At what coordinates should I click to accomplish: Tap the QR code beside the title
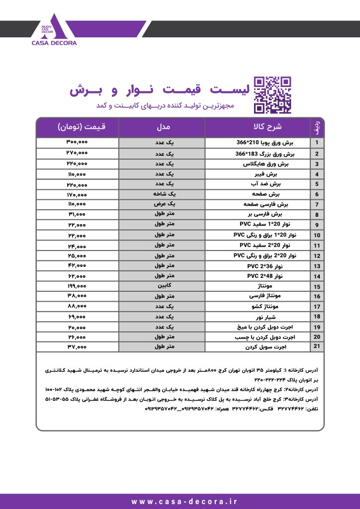click(x=272, y=94)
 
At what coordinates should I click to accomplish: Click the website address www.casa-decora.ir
click(x=180, y=502)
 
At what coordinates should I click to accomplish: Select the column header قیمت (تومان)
click(x=77, y=127)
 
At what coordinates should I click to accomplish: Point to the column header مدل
click(x=162, y=127)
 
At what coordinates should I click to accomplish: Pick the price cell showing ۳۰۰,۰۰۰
click(x=77, y=142)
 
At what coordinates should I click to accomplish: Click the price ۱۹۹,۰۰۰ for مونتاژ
click(x=77, y=286)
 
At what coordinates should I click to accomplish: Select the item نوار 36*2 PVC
click(x=258, y=266)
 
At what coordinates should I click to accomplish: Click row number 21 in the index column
click(x=316, y=347)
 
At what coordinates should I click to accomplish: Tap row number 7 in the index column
click(x=316, y=204)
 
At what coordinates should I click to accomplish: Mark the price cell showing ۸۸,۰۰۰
click(x=77, y=306)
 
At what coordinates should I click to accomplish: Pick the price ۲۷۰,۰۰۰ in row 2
click(x=77, y=153)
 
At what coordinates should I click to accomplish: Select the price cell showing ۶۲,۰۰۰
click(x=77, y=276)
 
